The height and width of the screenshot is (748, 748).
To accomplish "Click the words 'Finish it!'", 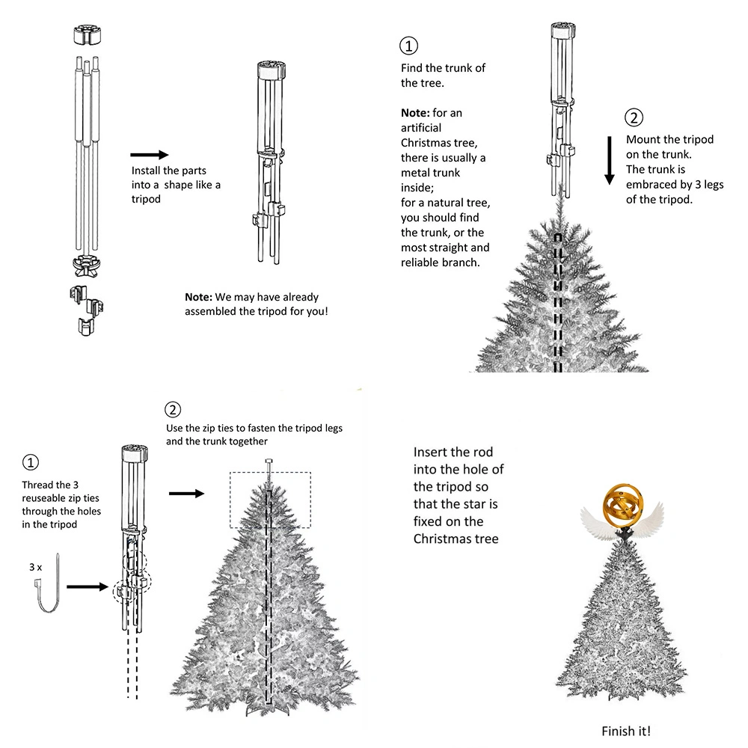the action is tap(626, 731).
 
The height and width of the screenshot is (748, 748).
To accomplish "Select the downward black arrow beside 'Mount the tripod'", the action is tap(609, 160).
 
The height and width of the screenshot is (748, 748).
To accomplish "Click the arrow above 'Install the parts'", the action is tap(150, 155).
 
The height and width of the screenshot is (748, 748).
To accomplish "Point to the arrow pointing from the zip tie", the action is tap(88, 586).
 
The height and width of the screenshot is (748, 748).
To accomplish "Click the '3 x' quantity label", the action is tap(35, 567).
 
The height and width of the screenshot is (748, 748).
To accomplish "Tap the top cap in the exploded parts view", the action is tap(88, 35).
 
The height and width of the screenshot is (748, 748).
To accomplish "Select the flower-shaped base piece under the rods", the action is tap(86, 266).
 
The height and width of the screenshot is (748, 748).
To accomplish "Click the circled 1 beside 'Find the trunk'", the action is tap(408, 46).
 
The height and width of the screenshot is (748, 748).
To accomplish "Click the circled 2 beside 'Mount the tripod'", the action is tap(634, 117).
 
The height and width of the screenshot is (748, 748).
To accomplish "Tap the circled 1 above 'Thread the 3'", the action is tap(31, 462).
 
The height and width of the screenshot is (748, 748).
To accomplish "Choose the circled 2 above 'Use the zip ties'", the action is tap(173, 410).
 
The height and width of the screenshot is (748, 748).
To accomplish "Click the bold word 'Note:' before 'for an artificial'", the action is tap(415, 113).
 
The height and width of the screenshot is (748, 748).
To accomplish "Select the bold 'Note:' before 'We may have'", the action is tap(198, 297).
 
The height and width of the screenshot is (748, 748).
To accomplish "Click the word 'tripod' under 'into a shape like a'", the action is tap(146, 200).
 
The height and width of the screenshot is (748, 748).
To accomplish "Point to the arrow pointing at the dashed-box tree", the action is tap(186, 493).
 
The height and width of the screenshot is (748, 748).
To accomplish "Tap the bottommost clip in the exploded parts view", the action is tap(86, 327).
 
